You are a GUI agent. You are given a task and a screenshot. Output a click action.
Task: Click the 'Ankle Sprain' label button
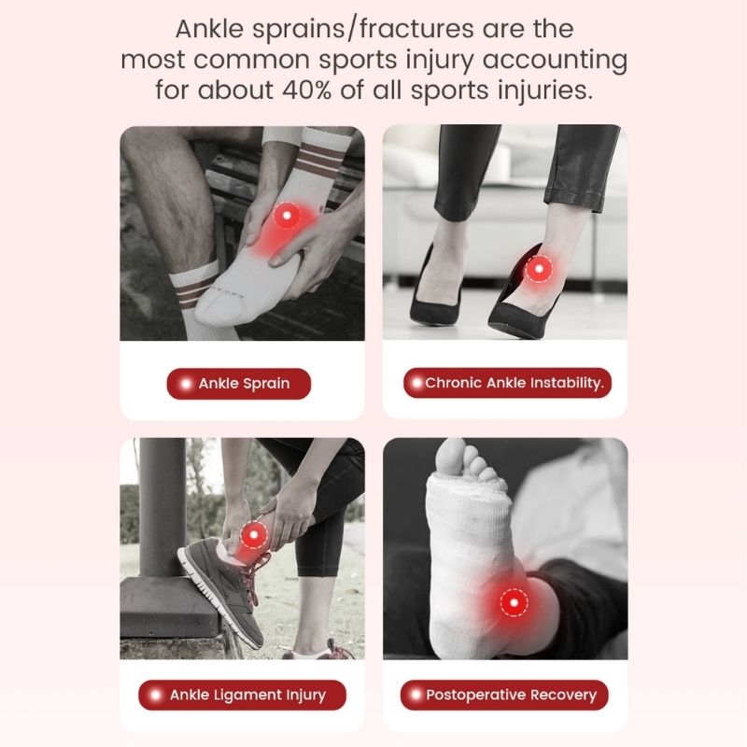(238, 384)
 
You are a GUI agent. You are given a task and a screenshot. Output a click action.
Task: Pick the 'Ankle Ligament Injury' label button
(242, 695)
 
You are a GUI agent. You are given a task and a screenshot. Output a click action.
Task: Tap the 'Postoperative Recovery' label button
(504, 695)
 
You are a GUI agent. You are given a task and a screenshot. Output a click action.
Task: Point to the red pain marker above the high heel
(538, 271)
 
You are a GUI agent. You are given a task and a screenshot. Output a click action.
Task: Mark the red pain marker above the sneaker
(253, 536)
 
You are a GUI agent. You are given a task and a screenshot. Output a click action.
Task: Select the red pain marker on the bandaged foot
(513, 602)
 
